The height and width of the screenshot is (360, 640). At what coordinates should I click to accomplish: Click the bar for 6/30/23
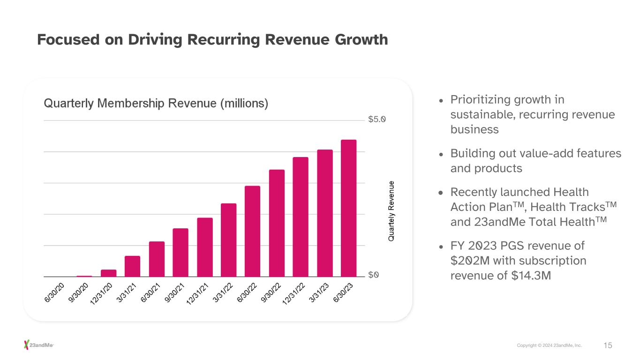point(348,208)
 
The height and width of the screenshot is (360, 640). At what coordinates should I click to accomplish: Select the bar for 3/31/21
point(132,266)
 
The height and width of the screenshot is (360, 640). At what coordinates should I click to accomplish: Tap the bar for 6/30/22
point(252,231)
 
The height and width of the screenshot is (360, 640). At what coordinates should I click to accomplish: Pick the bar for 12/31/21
point(204,247)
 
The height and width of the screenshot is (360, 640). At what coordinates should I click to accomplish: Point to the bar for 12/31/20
point(108,273)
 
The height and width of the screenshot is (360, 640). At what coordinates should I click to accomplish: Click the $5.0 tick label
point(377,120)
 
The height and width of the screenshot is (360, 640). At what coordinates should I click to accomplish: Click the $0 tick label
point(373,275)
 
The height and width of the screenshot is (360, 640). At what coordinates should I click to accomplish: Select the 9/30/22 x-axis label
point(271,294)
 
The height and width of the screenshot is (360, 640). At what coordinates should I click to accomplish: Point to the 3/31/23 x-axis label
point(319,294)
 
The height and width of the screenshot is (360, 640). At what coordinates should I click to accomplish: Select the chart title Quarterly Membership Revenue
point(156,103)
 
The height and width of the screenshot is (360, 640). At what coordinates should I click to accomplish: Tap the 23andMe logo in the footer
point(39,345)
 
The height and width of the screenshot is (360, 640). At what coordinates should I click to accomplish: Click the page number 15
point(608,345)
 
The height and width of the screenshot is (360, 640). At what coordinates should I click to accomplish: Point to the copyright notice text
point(549,345)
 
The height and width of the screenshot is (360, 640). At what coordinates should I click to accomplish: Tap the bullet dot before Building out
point(441,154)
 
